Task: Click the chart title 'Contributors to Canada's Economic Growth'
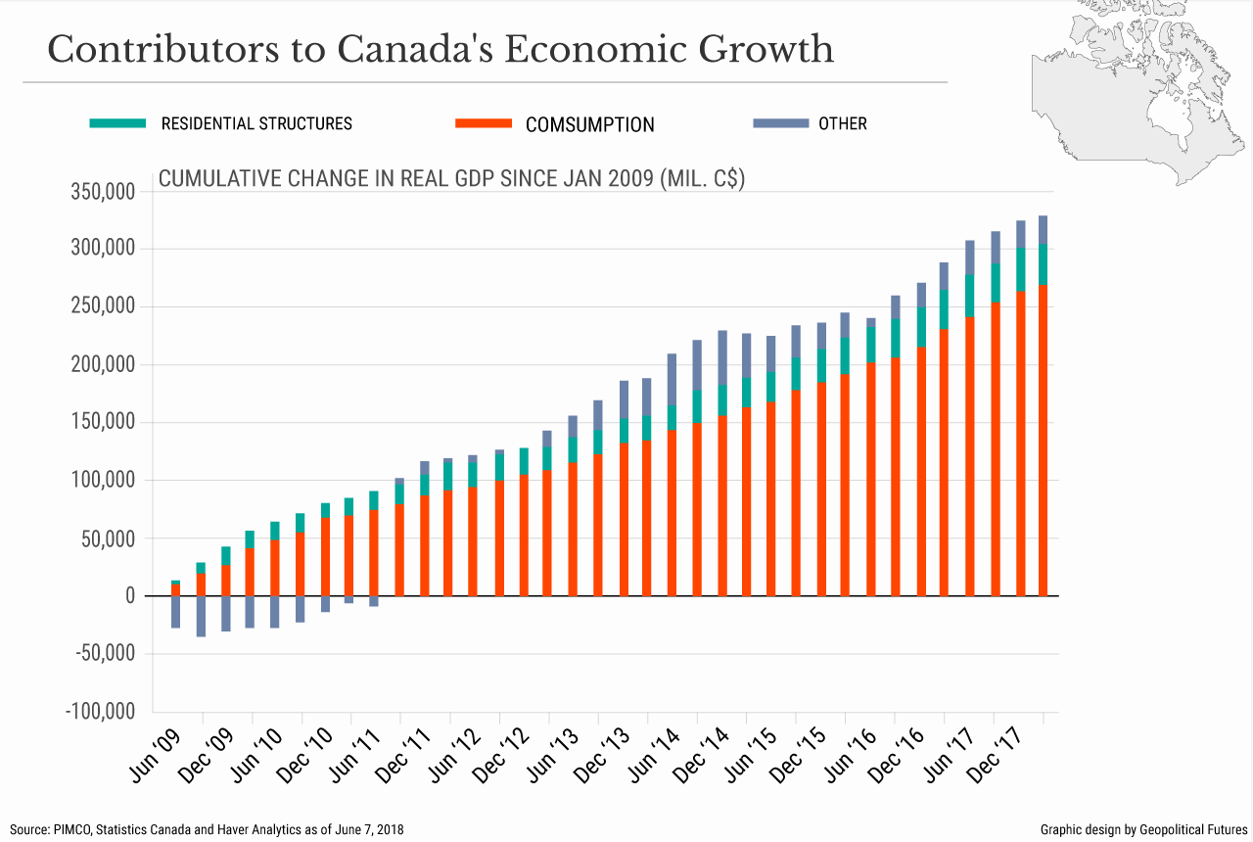click(441, 49)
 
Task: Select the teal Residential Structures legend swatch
click(117, 123)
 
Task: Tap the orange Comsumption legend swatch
click(484, 123)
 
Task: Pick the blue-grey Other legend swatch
click(780, 123)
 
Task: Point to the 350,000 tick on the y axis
click(103, 192)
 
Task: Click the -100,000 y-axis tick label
click(100, 712)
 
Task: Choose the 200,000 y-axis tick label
click(103, 365)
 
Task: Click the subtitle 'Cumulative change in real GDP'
click(451, 179)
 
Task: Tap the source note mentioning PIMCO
click(208, 829)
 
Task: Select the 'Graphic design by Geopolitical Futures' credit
click(1143, 829)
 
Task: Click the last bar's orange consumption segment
click(1044, 441)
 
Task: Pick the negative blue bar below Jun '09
click(176, 612)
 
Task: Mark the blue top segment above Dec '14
click(722, 357)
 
